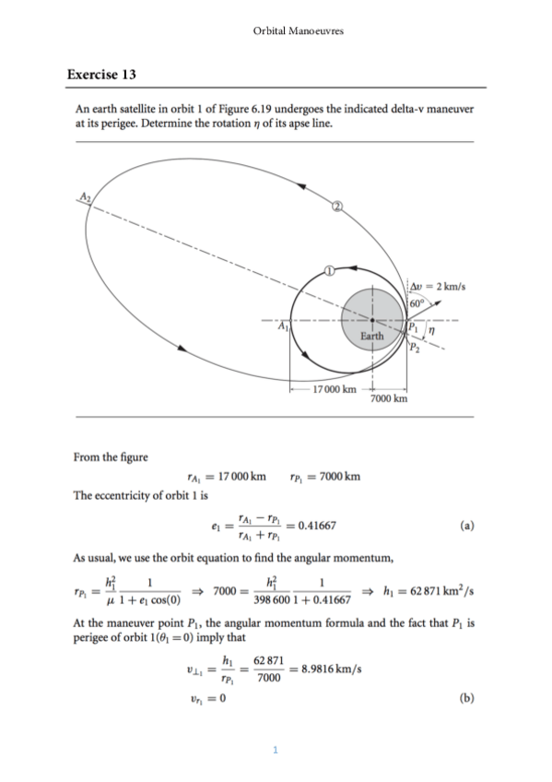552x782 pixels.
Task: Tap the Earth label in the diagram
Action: click(371, 336)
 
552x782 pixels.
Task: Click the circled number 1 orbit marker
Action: click(328, 270)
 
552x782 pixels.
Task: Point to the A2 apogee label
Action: click(84, 196)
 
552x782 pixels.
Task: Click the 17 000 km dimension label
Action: click(335, 390)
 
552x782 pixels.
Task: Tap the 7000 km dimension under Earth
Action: click(388, 399)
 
